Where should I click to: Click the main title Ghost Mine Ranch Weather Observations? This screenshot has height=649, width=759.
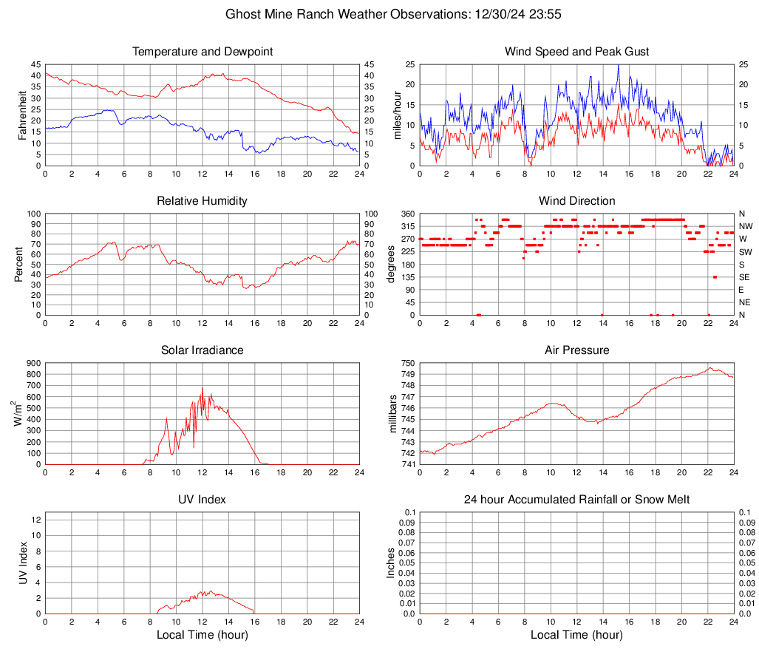379,14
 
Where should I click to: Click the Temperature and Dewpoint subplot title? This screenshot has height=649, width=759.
202,52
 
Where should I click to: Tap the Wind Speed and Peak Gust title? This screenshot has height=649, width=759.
576,52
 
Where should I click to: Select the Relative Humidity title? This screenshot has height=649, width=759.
202,201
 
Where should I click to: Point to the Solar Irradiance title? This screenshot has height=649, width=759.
202,350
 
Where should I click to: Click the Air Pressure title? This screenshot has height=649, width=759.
576,350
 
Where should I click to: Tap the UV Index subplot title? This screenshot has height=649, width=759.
202,500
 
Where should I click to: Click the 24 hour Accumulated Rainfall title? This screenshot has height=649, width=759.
576,500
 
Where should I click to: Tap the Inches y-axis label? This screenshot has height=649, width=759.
391,563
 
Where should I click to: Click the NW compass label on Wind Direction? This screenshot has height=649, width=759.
745,226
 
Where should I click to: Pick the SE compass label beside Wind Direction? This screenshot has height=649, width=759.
744,277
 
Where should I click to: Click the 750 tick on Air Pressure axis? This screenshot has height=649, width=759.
406,363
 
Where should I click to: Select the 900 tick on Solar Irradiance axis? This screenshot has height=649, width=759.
33,363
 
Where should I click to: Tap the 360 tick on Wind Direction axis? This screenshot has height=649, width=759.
406,214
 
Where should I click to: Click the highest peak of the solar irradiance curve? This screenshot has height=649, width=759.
202,387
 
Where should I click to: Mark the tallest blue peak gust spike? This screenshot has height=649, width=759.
619,65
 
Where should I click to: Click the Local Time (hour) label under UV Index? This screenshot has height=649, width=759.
202,635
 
